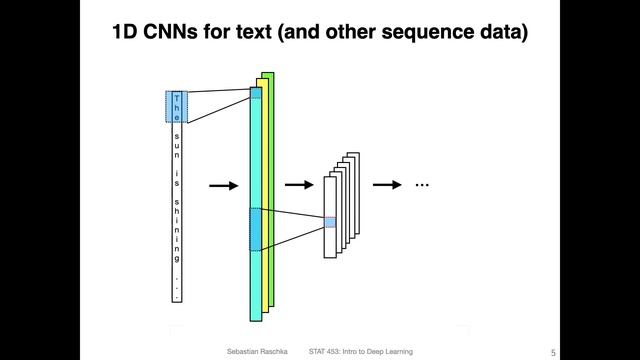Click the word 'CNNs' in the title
click(x=173, y=34)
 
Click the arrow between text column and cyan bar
click(x=223, y=185)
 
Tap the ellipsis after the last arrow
click(x=421, y=185)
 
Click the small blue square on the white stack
click(x=330, y=222)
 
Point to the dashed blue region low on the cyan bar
click(x=255, y=229)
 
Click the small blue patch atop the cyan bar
click(x=255, y=93)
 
